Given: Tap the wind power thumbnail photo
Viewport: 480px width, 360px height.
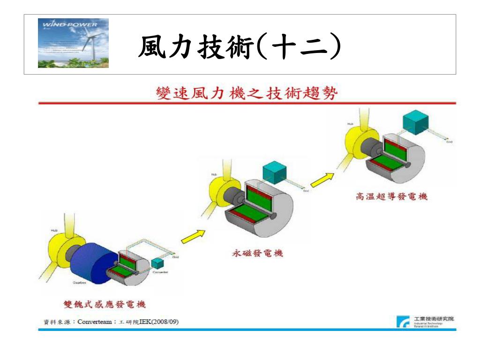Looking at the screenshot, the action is tap(73, 43).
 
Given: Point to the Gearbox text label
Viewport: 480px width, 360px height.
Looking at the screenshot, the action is tap(79, 283).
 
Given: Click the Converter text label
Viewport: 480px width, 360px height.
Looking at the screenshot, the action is tap(160, 272).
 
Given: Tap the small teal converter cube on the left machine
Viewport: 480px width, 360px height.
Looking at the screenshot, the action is tap(157, 264).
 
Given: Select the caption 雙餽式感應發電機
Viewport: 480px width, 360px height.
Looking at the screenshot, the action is tap(105, 304).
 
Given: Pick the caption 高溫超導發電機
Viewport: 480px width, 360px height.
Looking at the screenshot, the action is tap(391, 197).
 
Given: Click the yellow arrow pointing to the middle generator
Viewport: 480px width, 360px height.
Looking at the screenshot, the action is tap(194, 236).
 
